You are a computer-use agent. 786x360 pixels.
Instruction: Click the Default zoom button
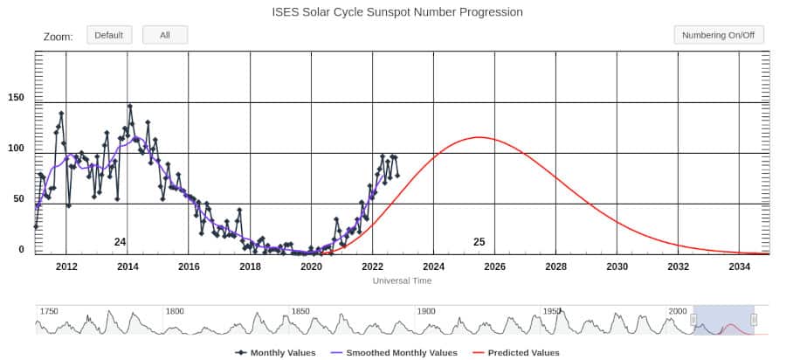click(109, 35)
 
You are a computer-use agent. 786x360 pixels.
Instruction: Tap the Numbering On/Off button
click(719, 35)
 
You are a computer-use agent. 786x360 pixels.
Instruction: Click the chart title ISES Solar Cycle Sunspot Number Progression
click(397, 12)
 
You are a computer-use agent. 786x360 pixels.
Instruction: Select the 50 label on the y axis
click(18, 198)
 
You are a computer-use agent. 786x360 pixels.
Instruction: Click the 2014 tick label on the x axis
click(128, 267)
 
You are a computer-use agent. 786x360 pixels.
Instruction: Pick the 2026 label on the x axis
click(495, 267)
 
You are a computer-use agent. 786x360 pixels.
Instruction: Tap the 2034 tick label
click(740, 267)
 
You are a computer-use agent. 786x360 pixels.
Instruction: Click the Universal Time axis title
click(402, 280)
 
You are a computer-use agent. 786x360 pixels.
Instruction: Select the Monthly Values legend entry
click(276, 352)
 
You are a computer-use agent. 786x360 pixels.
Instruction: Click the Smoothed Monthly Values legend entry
click(395, 352)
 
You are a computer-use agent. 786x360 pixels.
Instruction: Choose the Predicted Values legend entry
click(516, 352)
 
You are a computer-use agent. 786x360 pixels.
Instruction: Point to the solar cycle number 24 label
click(120, 242)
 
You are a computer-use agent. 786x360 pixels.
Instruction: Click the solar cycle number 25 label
click(479, 242)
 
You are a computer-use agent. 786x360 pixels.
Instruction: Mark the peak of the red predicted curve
click(479, 137)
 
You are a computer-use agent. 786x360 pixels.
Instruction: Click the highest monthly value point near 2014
click(130, 106)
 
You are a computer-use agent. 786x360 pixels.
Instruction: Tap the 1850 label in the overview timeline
click(300, 311)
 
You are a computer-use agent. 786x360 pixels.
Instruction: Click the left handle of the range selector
click(693, 320)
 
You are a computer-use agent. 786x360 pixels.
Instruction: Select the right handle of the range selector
click(754, 320)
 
